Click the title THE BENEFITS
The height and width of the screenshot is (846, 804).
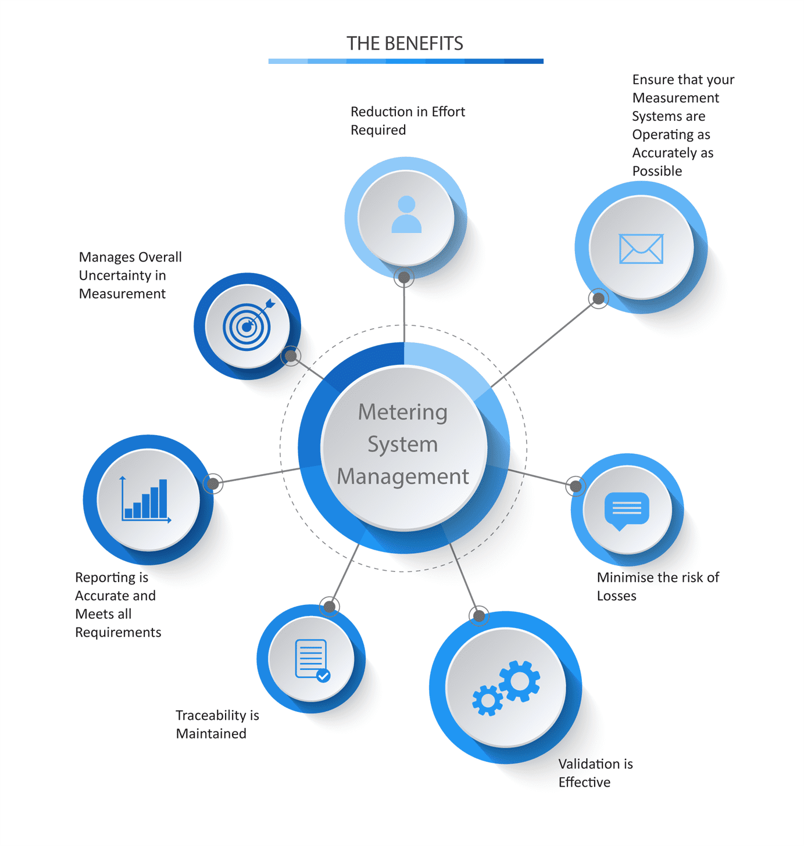(405, 44)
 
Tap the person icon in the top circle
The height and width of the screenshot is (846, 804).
(406, 214)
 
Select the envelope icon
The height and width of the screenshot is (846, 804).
(641, 249)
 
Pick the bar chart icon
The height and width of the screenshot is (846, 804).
(145, 500)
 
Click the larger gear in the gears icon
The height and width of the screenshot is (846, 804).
(519, 681)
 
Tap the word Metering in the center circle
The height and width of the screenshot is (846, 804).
(403, 412)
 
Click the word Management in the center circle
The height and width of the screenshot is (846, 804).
(403, 476)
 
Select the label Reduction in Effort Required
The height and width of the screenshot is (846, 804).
(408, 120)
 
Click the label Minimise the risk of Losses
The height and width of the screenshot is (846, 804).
(658, 586)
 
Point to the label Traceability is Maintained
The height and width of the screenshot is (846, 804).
(217, 724)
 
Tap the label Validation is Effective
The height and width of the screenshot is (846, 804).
(595, 772)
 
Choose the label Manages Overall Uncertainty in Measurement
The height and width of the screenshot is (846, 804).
(130, 275)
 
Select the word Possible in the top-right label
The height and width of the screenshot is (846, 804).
(657, 171)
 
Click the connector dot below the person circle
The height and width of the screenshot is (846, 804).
(404, 278)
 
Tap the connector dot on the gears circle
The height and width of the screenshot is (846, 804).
(479, 616)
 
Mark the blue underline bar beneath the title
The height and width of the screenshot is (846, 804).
(406, 61)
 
